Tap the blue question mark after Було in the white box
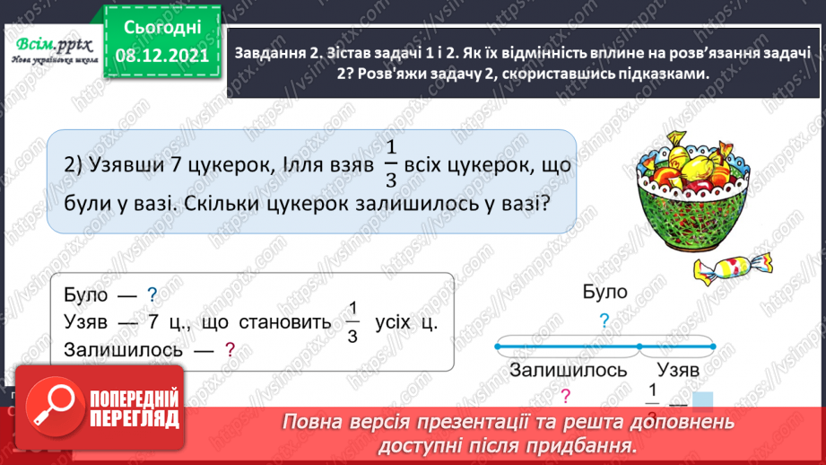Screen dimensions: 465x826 point(152,294)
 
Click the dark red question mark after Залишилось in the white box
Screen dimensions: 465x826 point(230,350)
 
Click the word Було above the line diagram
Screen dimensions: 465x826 point(604,293)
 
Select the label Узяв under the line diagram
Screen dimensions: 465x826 point(678,369)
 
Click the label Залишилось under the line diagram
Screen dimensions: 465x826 point(568,369)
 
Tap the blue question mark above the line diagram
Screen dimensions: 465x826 point(604,320)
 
